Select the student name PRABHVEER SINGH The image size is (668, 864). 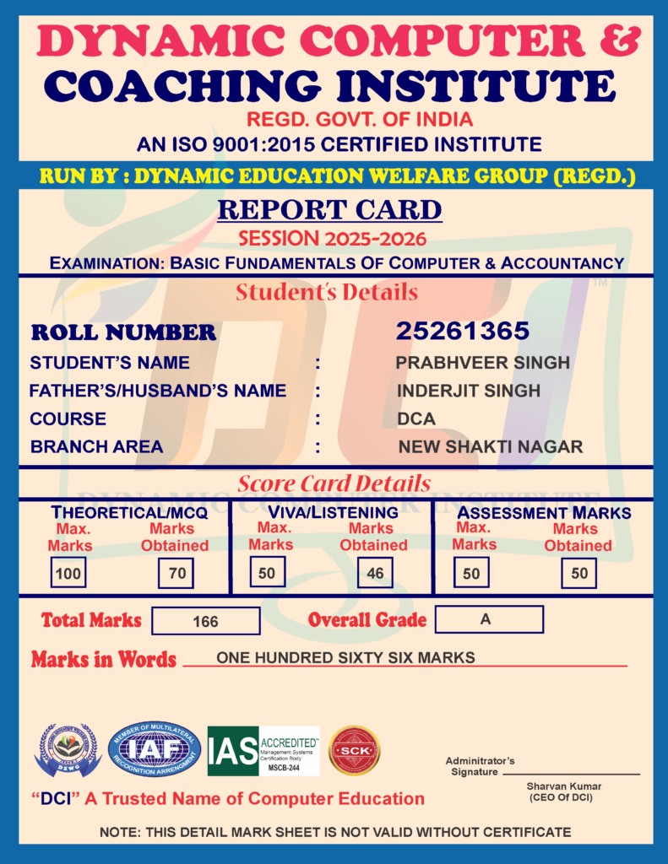(x=482, y=363)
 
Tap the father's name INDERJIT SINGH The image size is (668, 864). (x=468, y=391)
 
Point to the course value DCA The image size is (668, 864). (x=416, y=419)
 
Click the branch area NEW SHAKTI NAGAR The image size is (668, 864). (x=490, y=447)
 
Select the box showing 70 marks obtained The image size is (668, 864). (x=177, y=574)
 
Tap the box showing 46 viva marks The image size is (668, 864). (x=375, y=574)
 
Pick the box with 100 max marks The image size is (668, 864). (x=67, y=574)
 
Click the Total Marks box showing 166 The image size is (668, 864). (x=205, y=621)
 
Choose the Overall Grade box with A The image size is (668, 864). (x=489, y=619)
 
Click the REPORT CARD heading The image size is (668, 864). (x=329, y=209)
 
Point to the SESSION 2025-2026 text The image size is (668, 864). (x=332, y=238)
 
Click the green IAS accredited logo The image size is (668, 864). (x=263, y=751)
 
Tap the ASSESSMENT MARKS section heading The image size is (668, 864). (x=544, y=512)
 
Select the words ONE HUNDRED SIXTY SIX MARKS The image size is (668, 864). (x=345, y=657)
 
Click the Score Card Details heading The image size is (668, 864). (x=334, y=484)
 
